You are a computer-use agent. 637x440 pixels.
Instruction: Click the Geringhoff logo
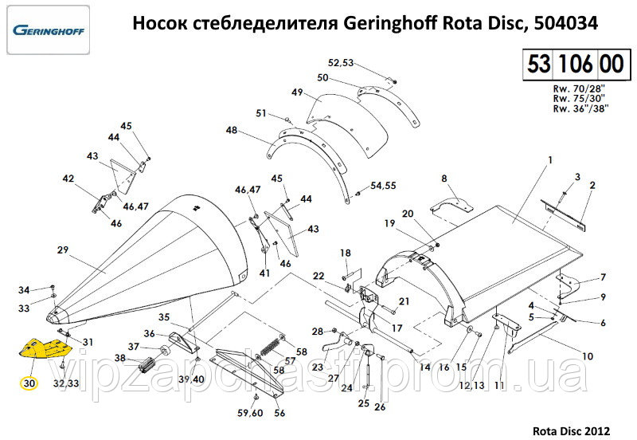[x=49, y=31]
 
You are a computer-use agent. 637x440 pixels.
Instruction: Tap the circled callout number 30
[x=29, y=383]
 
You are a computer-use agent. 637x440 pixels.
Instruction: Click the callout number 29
[x=63, y=249]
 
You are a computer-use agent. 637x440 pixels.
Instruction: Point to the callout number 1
[x=549, y=162]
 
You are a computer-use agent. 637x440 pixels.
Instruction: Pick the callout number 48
[x=231, y=130]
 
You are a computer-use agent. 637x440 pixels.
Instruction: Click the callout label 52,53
[x=340, y=61]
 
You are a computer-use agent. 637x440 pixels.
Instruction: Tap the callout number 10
[x=588, y=356]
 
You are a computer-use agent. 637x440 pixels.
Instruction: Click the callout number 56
[x=279, y=413]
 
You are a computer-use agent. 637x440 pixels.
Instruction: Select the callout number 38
[x=119, y=359]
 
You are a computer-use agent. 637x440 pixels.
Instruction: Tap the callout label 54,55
[x=383, y=185]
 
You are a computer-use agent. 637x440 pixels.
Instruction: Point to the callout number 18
[x=346, y=253]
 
